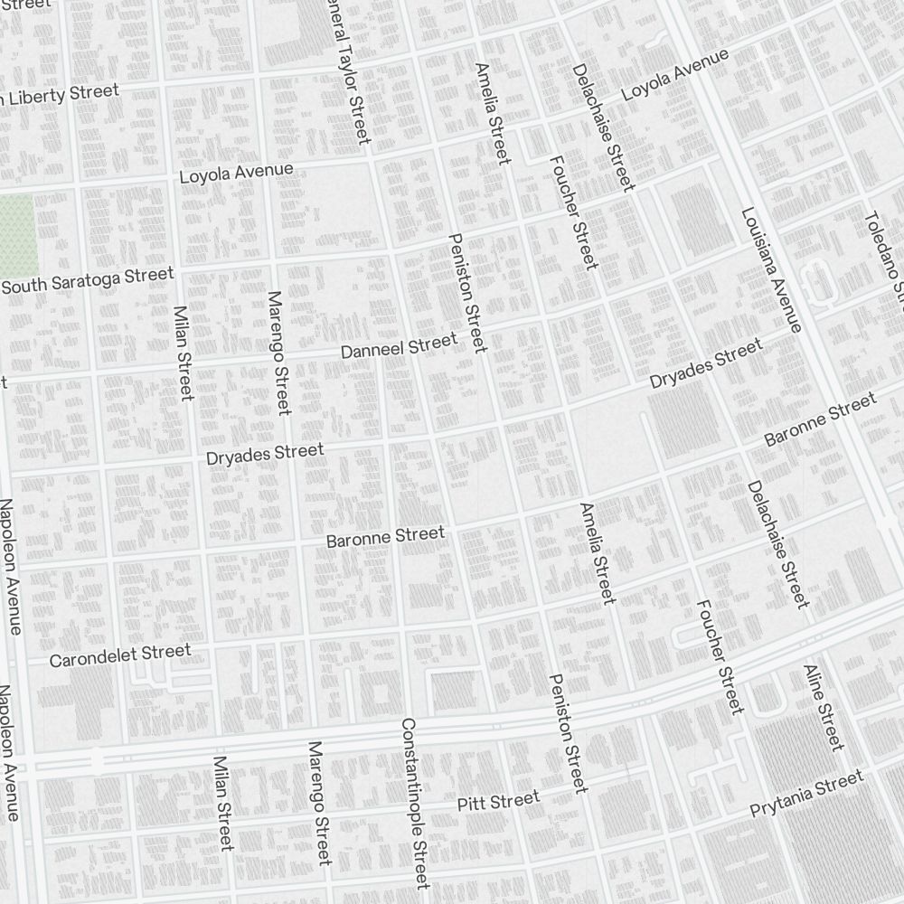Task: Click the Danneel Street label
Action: (400, 345)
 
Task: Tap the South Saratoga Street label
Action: (88, 280)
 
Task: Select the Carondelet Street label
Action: (120, 655)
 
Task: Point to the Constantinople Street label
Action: (414, 803)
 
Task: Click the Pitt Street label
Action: (498, 801)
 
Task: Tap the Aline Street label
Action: (824, 708)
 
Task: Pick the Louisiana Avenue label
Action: (771, 269)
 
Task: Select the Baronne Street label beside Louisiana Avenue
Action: (820, 419)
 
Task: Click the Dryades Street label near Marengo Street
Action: (264, 454)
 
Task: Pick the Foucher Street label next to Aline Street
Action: (720, 656)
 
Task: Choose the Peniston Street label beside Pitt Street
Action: (567, 733)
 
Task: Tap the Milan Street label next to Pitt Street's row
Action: (223, 803)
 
